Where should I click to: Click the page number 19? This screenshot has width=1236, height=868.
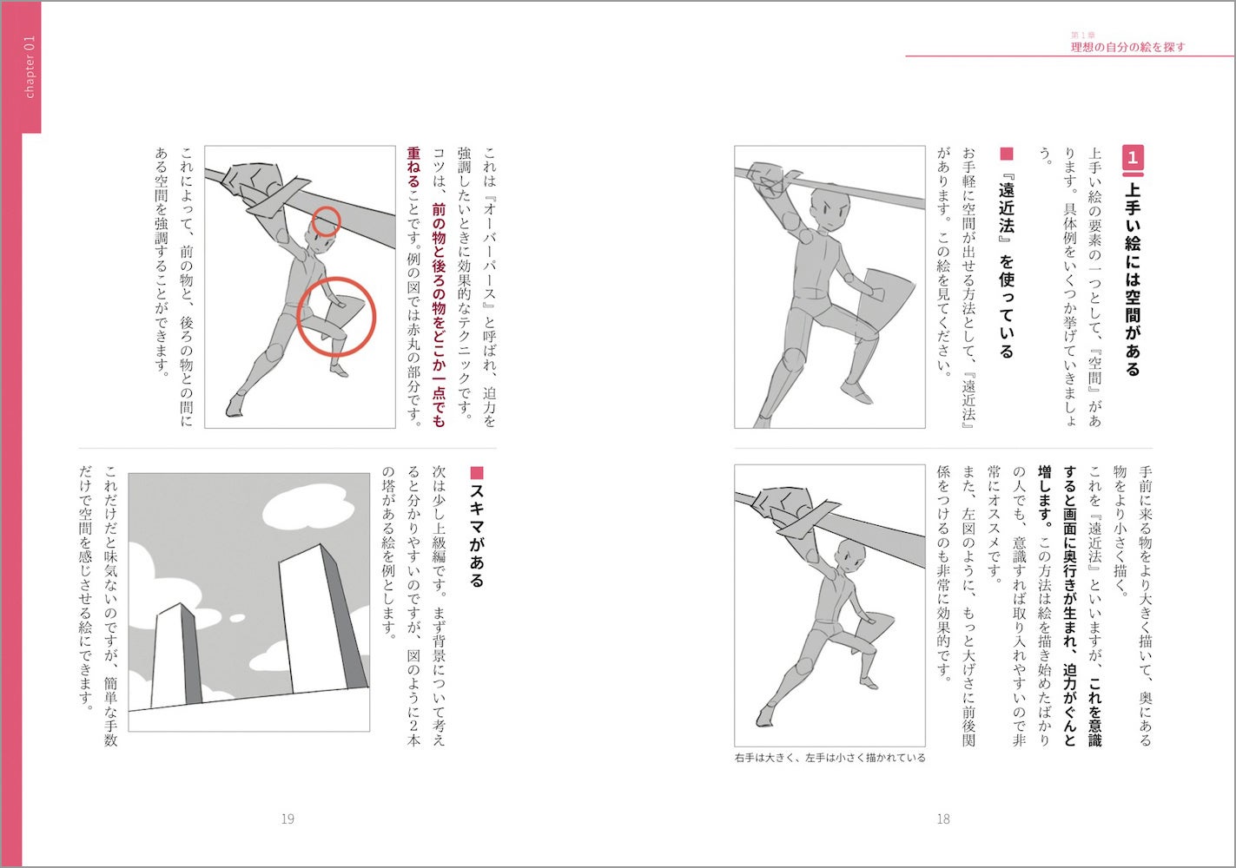(288, 819)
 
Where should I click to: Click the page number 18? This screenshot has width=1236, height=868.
(943, 819)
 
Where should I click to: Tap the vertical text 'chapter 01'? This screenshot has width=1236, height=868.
(30, 68)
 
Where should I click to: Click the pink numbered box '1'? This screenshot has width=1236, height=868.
(1133, 159)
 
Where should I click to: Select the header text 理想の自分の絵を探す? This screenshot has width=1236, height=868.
(1127, 48)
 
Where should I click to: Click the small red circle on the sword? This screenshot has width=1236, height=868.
(326, 221)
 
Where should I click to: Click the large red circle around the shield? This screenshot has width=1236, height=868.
(336, 317)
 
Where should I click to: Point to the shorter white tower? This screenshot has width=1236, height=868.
(176, 654)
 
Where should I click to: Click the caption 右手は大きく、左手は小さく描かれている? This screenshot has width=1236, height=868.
(830, 759)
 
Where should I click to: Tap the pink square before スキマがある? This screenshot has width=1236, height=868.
(477, 472)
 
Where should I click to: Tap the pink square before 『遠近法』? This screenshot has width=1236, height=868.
(1007, 154)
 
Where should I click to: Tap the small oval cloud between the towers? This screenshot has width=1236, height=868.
(237, 618)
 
